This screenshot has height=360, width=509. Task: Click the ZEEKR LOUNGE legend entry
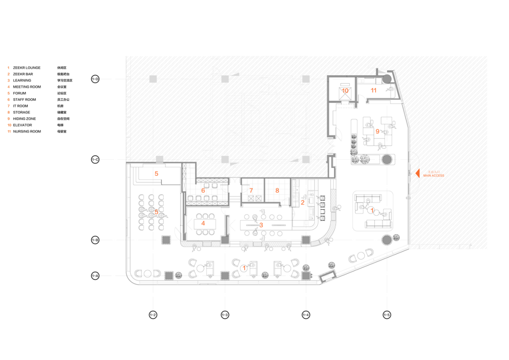point(27,68)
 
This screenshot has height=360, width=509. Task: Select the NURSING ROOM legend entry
point(27,131)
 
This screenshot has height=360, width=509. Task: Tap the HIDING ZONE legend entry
point(25,119)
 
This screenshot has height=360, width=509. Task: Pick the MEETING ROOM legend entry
point(27,87)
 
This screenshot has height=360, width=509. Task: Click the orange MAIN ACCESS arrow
point(417,173)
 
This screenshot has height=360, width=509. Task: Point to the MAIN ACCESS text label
point(434,176)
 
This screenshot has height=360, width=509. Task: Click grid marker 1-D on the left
point(95,79)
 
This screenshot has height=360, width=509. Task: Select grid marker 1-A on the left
point(95,276)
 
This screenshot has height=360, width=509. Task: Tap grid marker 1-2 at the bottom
point(153,315)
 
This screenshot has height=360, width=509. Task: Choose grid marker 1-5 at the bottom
point(386,315)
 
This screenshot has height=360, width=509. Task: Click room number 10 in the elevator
point(345,90)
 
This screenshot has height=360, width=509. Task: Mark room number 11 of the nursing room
point(373,90)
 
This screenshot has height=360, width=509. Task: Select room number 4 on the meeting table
point(203,223)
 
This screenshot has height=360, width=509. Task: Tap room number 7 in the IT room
point(251,190)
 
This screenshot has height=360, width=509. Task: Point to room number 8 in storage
point(277,190)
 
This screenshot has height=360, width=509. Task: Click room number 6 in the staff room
point(203,190)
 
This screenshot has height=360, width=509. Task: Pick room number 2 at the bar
point(303,203)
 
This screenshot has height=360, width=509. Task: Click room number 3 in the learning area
point(261,225)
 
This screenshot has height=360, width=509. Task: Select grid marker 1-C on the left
point(95,160)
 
